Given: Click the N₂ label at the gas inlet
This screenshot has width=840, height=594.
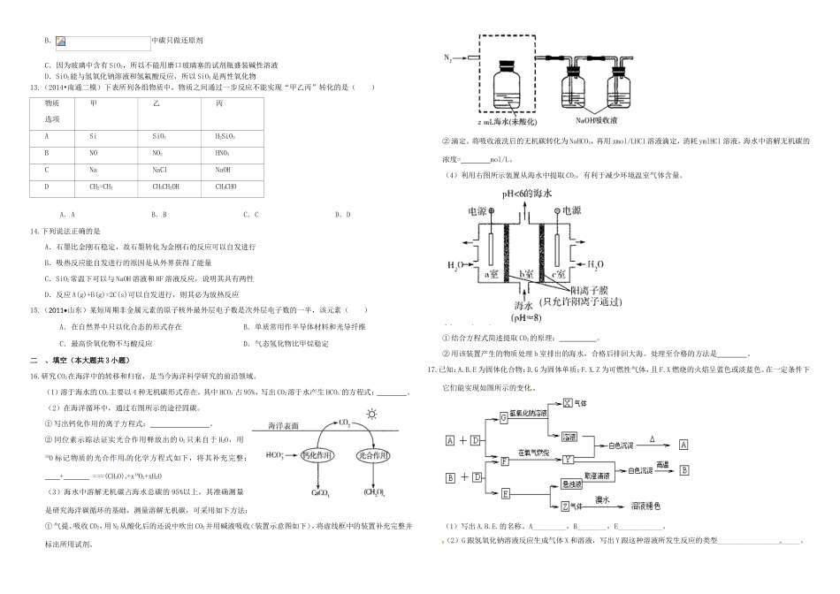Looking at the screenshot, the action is tap(449, 58).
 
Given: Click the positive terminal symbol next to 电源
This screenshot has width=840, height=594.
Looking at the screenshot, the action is tap(493, 212).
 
